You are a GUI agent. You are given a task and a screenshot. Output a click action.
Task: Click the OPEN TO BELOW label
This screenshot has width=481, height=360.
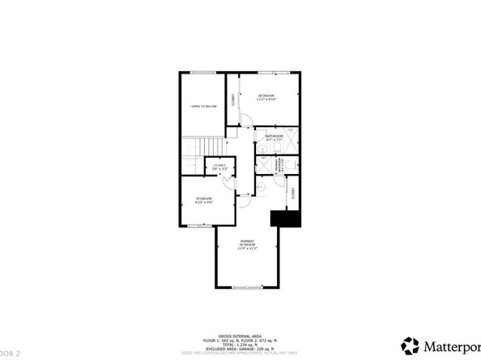(203, 106)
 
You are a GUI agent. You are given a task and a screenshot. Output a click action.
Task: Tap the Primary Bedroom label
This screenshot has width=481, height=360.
(245, 244)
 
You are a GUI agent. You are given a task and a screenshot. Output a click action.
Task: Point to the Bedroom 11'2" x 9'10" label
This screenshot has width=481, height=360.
(266, 98)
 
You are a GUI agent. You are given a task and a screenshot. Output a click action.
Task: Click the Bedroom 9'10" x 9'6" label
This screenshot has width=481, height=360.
(203, 200)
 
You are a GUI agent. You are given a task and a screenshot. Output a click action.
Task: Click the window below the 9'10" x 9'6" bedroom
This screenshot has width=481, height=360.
(200, 227)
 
